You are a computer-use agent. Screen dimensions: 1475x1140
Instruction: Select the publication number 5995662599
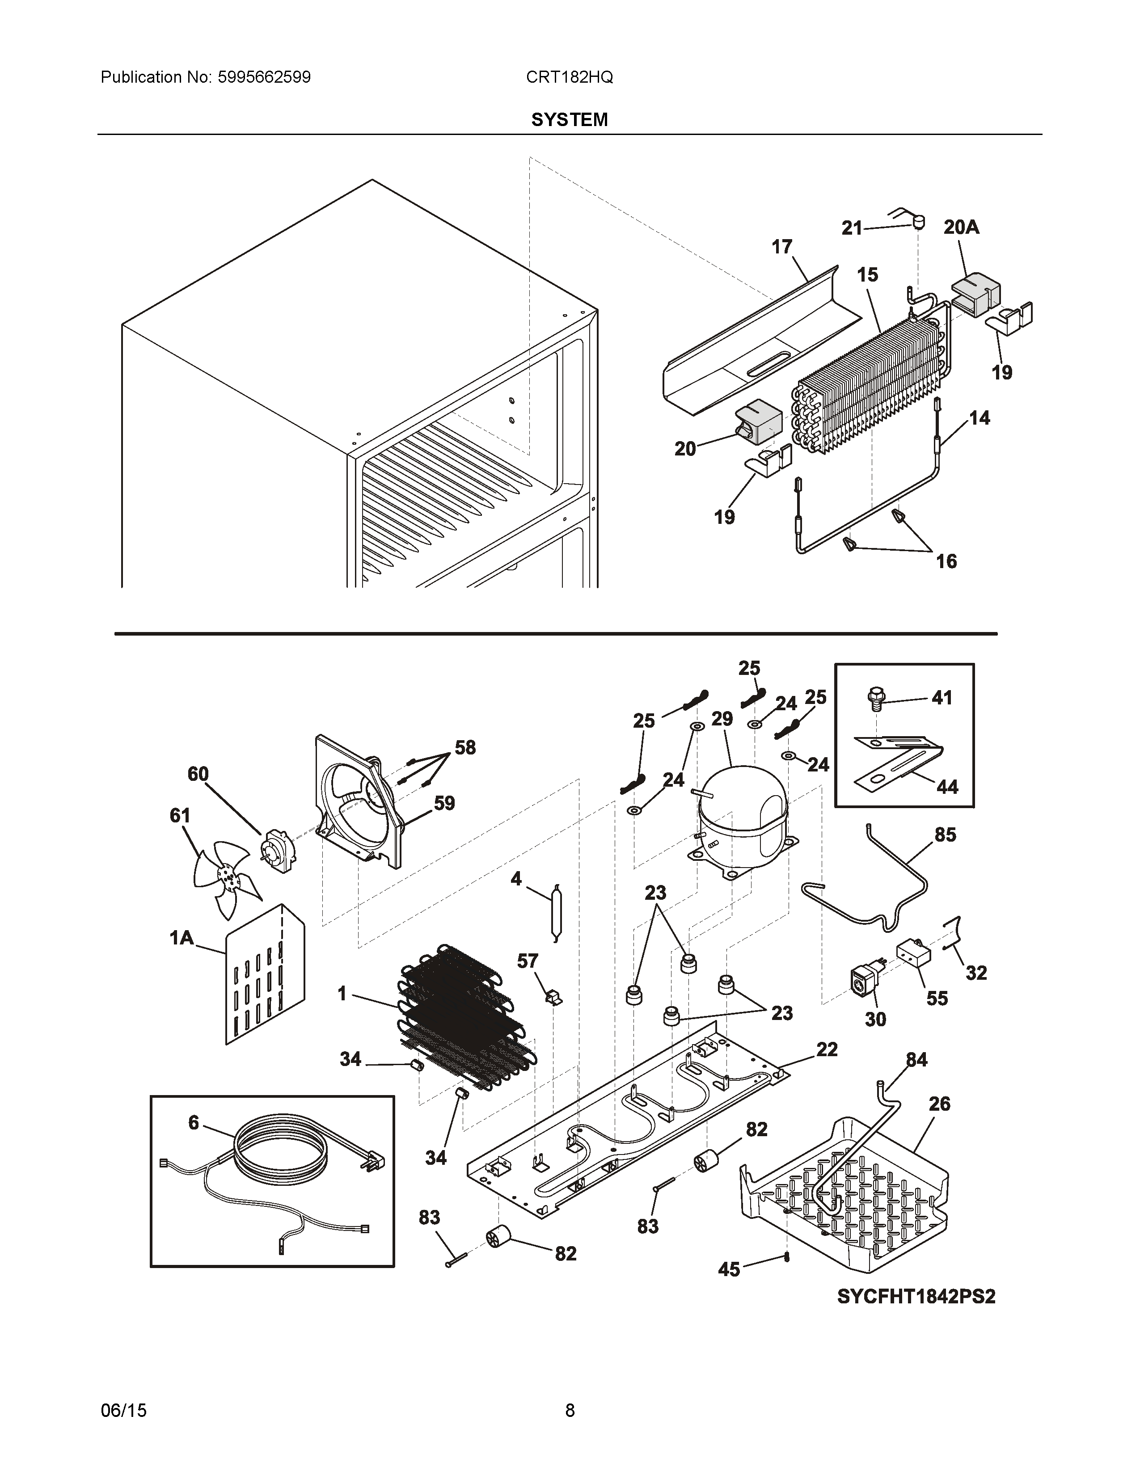264,78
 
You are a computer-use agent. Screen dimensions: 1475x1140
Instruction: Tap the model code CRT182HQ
569,78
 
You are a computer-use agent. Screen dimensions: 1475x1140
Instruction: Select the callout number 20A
961,228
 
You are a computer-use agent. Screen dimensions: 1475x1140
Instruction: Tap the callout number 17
781,247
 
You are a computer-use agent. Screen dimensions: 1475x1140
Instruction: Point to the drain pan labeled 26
844,1195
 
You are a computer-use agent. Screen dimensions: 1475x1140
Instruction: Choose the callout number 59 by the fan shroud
444,803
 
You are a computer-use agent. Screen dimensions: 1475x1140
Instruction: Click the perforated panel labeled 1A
265,973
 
